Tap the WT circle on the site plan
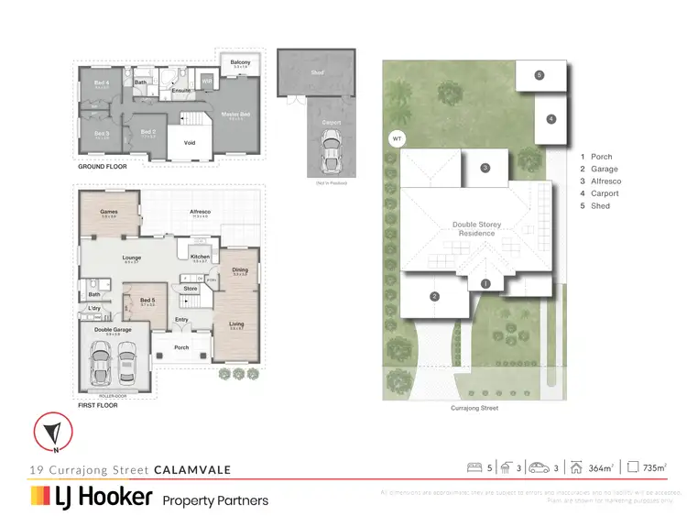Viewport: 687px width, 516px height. coord(397,139)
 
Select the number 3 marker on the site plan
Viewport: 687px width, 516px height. coord(486,167)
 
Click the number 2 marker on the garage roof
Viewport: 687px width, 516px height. coord(434,296)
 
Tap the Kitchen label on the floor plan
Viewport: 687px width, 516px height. coord(200,257)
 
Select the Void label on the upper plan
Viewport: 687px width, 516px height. coord(190,142)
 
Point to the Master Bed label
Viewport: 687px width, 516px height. coord(235,115)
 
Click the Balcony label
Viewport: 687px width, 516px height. coord(240,62)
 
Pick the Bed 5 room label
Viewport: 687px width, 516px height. coord(146,299)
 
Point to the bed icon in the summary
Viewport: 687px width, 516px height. coord(474,467)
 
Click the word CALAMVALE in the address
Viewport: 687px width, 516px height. coord(191,469)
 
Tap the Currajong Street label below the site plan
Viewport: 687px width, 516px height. coord(474,408)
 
